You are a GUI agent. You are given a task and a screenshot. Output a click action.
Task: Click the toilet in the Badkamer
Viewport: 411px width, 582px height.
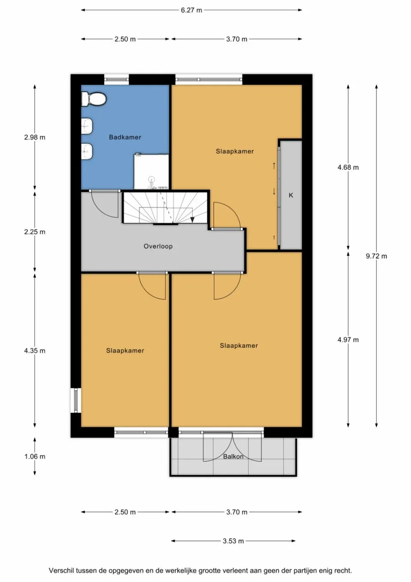94,99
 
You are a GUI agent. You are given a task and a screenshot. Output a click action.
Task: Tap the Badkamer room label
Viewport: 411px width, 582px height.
125,137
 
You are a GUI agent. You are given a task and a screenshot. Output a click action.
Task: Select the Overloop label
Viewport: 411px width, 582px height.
158,246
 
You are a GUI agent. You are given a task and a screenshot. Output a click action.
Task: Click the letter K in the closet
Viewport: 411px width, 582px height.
291,195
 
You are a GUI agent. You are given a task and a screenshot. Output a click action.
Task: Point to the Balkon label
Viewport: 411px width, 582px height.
233,456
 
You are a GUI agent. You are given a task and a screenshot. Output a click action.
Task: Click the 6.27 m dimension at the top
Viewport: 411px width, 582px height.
191,10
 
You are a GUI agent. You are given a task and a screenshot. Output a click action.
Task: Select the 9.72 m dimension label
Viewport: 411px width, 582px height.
376,256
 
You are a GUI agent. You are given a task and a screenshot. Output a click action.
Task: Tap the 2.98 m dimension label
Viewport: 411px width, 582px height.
35,138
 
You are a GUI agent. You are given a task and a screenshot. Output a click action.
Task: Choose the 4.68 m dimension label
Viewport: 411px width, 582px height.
348,168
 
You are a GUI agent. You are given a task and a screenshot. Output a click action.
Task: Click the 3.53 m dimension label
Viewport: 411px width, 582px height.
233,541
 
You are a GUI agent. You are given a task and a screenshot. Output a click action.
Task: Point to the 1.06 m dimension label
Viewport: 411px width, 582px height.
35,456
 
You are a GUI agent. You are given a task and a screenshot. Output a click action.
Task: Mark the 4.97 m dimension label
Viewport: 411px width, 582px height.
348,340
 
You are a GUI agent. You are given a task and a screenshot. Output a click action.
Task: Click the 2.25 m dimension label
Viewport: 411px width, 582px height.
35,232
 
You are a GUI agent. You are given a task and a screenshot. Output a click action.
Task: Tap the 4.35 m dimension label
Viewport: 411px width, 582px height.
35,351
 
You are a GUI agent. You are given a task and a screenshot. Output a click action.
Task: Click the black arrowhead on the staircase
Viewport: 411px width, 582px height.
193,219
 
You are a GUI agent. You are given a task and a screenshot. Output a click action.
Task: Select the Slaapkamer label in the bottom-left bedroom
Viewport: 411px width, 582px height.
125,351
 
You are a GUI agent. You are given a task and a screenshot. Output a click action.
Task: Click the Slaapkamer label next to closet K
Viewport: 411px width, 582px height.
235,151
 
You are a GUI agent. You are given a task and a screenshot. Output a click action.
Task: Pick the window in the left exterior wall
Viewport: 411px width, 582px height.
76,400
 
